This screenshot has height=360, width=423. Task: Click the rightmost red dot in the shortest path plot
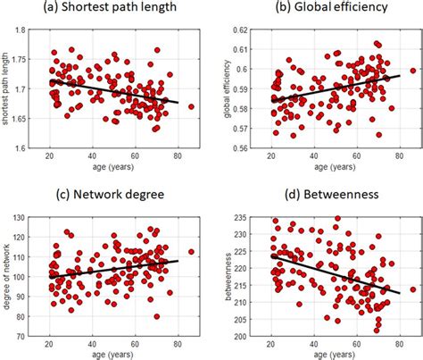[191, 106]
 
